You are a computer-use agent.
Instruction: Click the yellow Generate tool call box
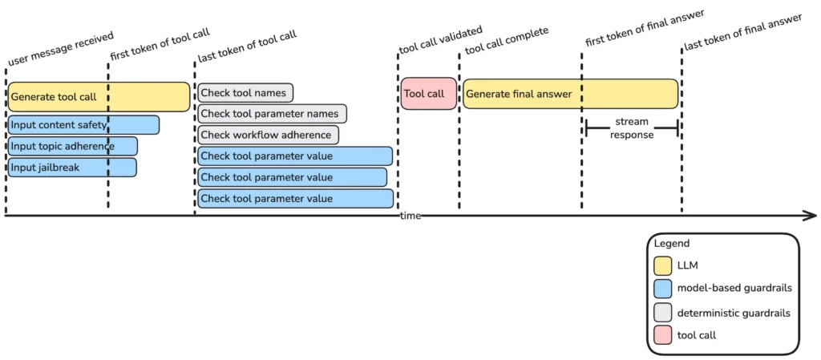click(99, 97)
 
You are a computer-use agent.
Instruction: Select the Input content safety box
click(83, 125)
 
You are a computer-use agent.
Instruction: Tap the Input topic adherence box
click(72, 146)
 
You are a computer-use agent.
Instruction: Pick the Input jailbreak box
click(71, 167)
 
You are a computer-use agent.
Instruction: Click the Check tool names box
click(245, 93)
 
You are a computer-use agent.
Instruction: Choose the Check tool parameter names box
click(272, 114)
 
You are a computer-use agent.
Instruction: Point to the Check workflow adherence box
click(268, 135)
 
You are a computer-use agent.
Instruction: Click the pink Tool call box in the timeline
click(428, 94)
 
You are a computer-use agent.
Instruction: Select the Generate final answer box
click(570, 94)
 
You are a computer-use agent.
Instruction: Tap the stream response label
click(632, 128)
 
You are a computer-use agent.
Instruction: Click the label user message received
click(61, 48)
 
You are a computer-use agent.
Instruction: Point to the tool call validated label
click(440, 41)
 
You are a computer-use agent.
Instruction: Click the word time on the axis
click(411, 216)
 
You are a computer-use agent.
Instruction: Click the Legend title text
click(671, 243)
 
